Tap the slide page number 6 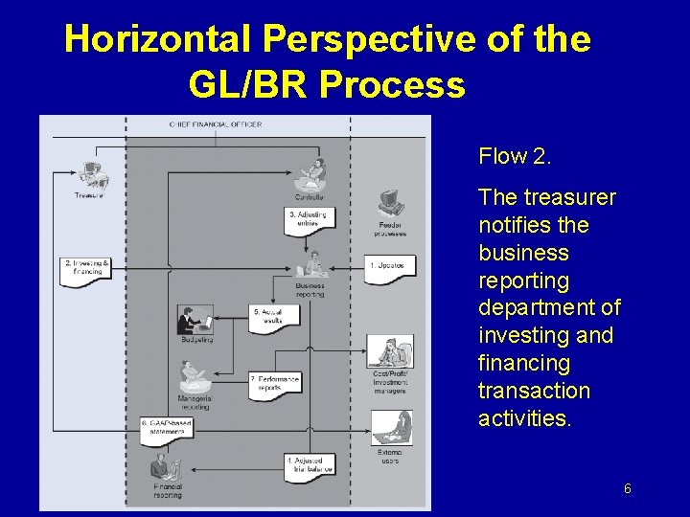[628, 489]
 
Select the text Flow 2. [516, 156]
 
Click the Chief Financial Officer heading [215, 124]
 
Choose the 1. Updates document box [390, 267]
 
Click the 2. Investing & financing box [84, 269]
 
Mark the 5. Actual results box [269, 317]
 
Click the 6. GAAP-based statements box [168, 427]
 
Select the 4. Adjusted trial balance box [310, 465]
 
